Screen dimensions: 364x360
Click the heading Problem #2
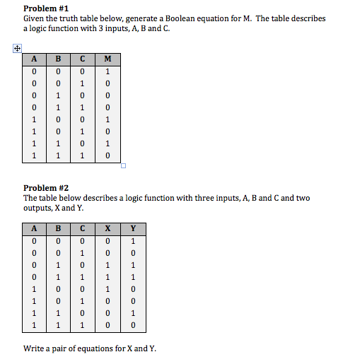(46, 188)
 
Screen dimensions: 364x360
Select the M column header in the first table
(107, 59)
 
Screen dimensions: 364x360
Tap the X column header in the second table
(107, 229)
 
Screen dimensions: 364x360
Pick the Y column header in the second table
(133, 229)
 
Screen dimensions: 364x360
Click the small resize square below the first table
(123, 167)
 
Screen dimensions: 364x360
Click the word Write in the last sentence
(35, 348)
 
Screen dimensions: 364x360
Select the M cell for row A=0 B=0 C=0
(107, 71)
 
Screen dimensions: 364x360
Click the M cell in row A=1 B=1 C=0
(107, 143)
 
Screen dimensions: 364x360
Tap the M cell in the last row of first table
(107, 155)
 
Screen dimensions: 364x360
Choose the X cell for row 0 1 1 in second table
(107, 277)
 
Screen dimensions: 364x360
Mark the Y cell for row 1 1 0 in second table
(133, 313)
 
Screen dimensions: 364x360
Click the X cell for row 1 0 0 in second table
(107, 289)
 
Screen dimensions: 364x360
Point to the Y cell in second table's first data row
(133, 241)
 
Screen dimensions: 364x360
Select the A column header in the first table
(33, 59)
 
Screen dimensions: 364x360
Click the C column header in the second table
(82, 229)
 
